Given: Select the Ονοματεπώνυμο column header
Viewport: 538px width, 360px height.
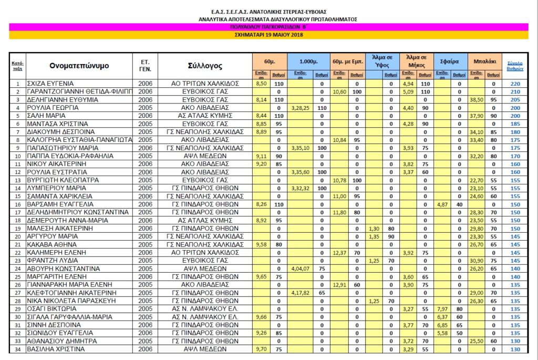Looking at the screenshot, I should point(79,66).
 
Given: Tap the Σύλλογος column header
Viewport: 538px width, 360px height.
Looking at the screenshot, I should point(205,66).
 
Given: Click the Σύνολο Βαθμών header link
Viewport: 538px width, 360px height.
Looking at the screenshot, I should point(515,66).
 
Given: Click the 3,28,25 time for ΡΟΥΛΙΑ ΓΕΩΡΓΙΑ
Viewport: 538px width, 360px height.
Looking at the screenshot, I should point(300,107).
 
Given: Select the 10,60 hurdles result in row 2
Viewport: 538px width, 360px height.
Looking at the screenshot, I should point(339,91).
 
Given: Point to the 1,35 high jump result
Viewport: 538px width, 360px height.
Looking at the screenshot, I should point(374,236).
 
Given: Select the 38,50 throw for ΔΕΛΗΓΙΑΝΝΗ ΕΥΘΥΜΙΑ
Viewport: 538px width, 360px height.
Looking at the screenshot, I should point(476,99).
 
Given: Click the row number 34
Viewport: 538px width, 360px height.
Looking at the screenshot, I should point(17,349).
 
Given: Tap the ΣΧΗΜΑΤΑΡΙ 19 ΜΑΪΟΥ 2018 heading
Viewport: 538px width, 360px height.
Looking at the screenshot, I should point(268,35).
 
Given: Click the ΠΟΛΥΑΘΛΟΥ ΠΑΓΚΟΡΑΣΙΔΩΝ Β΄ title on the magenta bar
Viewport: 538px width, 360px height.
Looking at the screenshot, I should point(268,26).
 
